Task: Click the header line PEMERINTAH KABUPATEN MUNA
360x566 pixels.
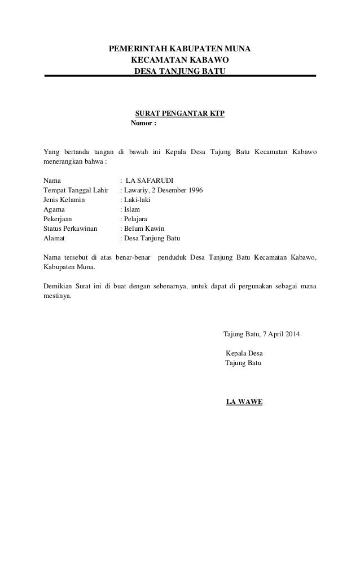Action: [x=180, y=50]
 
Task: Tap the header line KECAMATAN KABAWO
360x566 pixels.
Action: [x=180, y=61]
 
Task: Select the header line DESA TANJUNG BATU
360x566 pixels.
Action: [x=179, y=72]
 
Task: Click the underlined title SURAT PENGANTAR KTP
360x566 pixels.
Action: [x=180, y=113]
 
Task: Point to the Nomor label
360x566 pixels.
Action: [x=143, y=123]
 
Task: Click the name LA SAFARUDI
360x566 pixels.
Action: [x=150, y=181]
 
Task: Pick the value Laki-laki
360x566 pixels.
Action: [x=138, y=200]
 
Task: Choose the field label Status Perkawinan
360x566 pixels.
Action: [x=70, y=229]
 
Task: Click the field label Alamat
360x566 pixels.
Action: [x=54, y=238]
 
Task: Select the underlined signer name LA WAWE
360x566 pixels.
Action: [x=244, y=402]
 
